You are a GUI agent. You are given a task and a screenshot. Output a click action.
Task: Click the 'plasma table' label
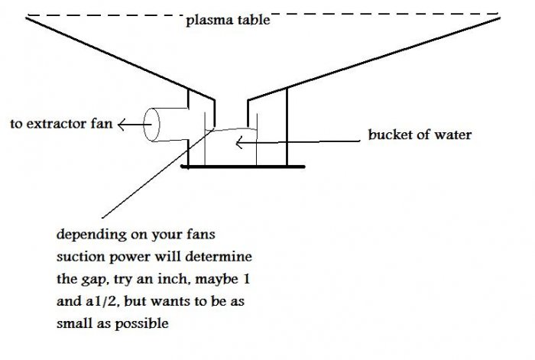point(228,21)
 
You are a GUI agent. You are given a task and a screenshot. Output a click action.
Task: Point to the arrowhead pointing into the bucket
point(239,141)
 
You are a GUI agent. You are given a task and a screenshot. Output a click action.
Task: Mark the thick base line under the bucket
point(243,166)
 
